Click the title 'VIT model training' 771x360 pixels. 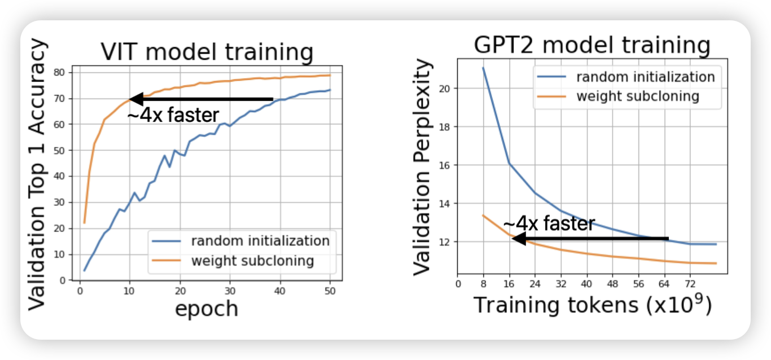coord(207,52)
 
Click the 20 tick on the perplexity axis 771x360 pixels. coord(446,89)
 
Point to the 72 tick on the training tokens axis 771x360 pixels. coord(689,283)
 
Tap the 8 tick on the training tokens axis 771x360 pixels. coord(483,283)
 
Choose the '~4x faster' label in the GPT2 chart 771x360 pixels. coord(549,224)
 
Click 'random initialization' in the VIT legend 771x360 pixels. coord(260,241)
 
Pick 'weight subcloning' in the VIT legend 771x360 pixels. coord(252,261)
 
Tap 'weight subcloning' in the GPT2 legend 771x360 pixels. coord(637,96)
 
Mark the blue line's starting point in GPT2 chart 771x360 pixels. coord(483,68)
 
